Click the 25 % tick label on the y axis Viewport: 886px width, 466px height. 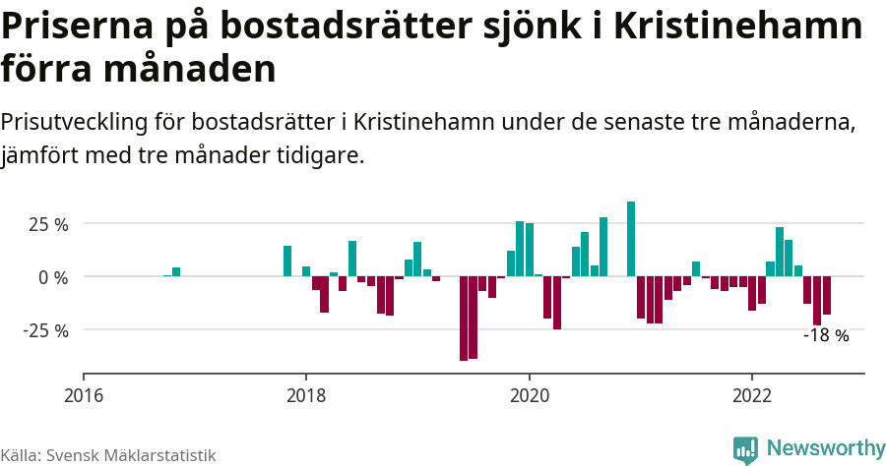[x=47, y=225]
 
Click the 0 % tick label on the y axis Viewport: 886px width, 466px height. [x=54, y=277]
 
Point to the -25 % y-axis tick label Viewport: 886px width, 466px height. [x=45, y=330]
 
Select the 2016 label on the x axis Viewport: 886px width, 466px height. [x=84, y=396]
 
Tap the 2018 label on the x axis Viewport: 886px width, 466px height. [x=306, y=396]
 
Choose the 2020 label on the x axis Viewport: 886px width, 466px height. [x=530, y=396]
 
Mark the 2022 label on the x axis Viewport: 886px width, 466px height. [x=752, y=396]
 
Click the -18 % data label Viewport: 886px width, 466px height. [x=825, y=335]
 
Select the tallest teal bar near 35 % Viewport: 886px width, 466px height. [x=631, y=239]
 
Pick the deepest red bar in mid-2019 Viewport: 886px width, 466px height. [x=464, y=319]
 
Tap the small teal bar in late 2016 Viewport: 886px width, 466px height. [x=176, y=271]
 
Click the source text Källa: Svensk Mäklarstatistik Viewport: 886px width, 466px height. [x=107, y=455]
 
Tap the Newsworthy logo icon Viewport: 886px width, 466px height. [x=745, y=450]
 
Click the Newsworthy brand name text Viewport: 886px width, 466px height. [x=825, y=449]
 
